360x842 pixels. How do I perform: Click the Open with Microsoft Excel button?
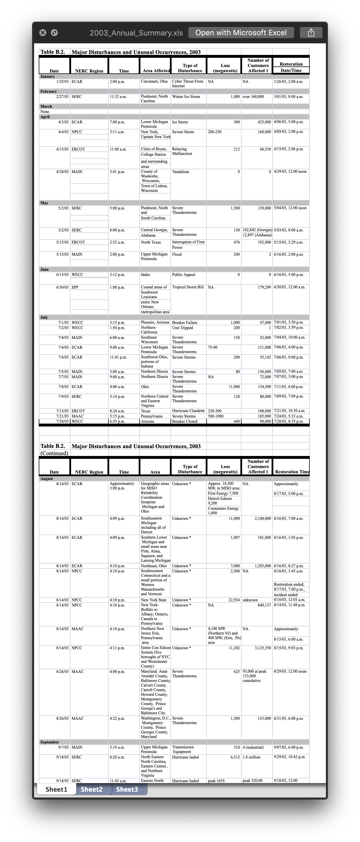tap(241, 33)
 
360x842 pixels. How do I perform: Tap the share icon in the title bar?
tap(311, 33)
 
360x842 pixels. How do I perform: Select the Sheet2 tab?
tap(92, 789)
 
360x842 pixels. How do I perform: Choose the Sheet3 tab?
tap(127, 789)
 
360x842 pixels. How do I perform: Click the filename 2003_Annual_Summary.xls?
tap(136, 33)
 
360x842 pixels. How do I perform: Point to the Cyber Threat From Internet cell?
tap(188, 84)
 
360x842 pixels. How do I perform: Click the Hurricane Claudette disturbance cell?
tap(188, 411)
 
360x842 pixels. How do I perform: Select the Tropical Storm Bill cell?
tap(188, 287)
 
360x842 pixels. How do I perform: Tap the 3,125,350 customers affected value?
tap(263, 648)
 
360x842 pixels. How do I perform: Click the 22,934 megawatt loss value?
tap(234, 600)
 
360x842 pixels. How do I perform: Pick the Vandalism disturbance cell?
tap(181, 172)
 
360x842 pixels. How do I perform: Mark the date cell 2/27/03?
tap(62, 97)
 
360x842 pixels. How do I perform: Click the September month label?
tap(50, 742)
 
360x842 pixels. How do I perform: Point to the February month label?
tap(48, 92)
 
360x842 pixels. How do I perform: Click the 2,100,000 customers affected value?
tap(263, 519)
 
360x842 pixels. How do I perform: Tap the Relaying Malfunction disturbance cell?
tap(182, 151)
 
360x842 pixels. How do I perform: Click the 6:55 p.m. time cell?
tap(117, 422)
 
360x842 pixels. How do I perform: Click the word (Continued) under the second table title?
tap(54, 453)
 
